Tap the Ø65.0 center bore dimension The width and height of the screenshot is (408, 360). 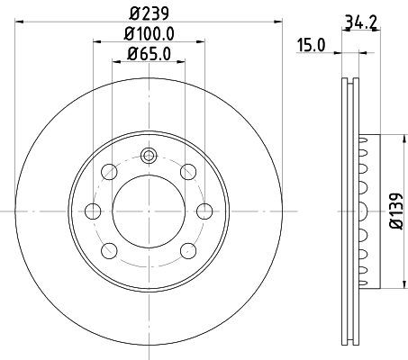pos(149,54)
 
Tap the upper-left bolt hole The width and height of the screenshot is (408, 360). pos(110,171)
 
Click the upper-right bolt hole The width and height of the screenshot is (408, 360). pos(187,171)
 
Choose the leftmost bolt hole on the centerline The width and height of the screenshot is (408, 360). pos(92,211)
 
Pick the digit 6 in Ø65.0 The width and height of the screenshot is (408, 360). pos(141,54)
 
